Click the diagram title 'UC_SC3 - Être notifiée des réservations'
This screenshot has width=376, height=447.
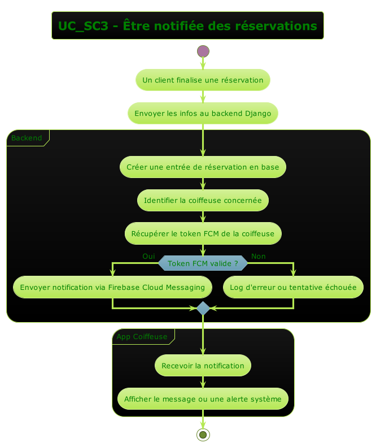point(187,26)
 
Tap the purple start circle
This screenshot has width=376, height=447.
point(203,51)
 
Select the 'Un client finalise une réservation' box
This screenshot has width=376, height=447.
point(203,80)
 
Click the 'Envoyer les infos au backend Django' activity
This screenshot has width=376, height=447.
point(203,114)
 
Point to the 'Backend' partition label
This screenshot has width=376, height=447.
point(27,138)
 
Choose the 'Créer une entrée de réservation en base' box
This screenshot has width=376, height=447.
point(203,167)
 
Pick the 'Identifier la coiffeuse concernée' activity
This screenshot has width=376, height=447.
point(203,200)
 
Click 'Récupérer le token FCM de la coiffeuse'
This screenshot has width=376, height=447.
point(203,233)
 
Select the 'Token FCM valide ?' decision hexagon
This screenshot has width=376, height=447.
point(203,263)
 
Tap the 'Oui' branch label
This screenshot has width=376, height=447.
point(148,257)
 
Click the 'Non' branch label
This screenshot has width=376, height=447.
point(258,257)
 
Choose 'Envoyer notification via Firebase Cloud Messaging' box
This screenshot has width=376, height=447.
point(112,288)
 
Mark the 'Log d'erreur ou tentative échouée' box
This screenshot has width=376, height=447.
point(293,288)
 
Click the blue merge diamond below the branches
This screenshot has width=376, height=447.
point(203,309)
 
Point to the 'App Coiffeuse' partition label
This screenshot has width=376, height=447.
point(142,337)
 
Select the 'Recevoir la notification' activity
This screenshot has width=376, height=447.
point(203,366)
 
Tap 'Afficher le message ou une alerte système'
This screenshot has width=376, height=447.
point(203,399)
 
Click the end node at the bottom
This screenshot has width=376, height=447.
point(203,434)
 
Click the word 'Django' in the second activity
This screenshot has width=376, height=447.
point(258,114)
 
